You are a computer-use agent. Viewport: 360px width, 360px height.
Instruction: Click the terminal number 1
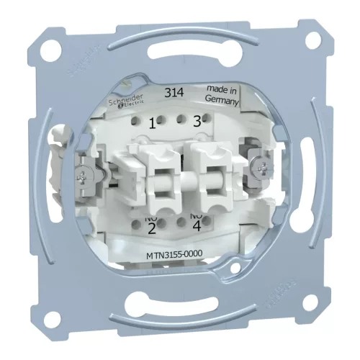click(152, 122)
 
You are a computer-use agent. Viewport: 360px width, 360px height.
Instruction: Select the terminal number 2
click(152, 229)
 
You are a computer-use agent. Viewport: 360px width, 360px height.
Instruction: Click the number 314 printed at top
click(174, 92)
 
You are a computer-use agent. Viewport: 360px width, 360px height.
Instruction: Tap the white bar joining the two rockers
click(178, 177)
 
